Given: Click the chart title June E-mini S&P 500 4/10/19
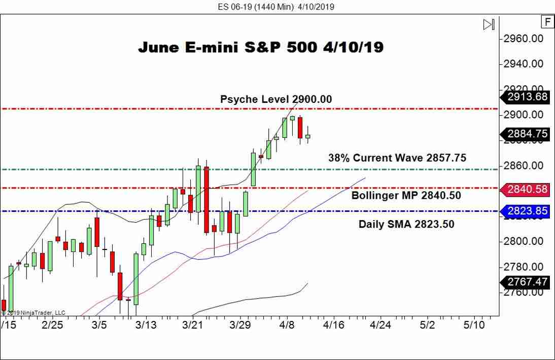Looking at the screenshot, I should click(x=261, y=48).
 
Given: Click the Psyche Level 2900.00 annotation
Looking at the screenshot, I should click(x=276, y=99).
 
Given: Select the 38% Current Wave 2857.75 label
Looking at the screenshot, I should click(x=397, y=158).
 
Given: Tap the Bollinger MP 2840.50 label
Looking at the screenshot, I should click(x=406, y=195).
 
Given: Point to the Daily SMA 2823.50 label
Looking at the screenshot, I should click(x=406, y=224).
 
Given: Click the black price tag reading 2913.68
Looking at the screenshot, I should click(x=526, y=97).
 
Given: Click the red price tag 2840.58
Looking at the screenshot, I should click(x=526, y=189).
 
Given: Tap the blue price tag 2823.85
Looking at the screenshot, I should click(x=526, y=211).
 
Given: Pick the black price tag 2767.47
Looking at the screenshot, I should click(x=526, y=282).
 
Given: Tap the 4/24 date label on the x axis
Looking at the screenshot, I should click(x=380, y=324).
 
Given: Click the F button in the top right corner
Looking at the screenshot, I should click(x=547, y=22).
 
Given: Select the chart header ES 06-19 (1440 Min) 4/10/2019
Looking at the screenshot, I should click(x=277, y=7).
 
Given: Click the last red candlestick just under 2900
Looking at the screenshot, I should click(x=300, y=127).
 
